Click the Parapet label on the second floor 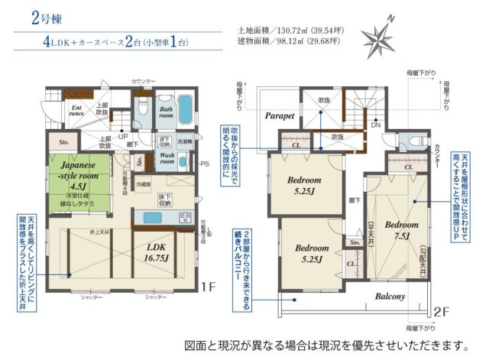point(280,116)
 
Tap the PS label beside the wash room point(205,164)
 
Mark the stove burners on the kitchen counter point(184,218)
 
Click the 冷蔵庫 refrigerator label point(143,186)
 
